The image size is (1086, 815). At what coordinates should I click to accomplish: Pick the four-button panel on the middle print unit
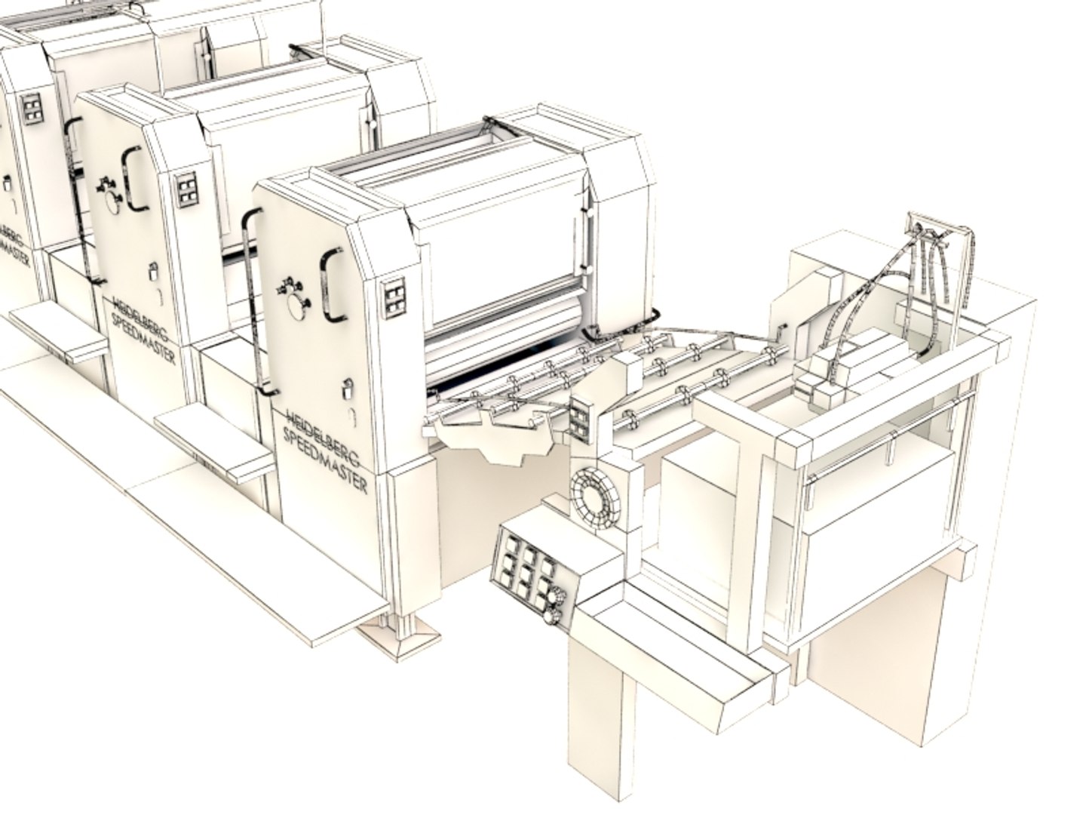(186, 188)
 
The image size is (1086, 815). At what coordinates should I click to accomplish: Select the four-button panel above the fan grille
(581, 419)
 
